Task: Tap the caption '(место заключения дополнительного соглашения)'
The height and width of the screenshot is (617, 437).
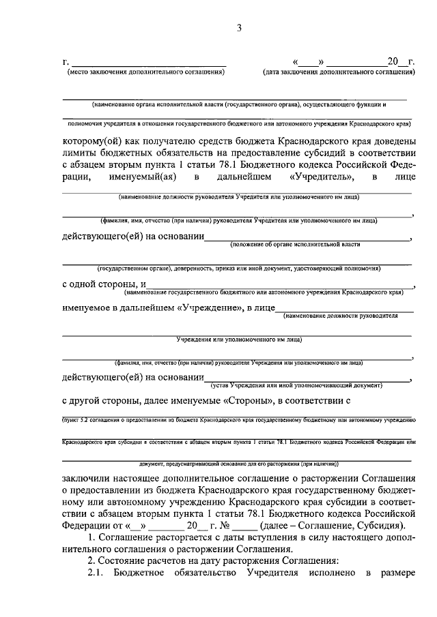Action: pos(144,71)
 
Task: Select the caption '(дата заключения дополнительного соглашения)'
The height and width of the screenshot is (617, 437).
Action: pos(339,71)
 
